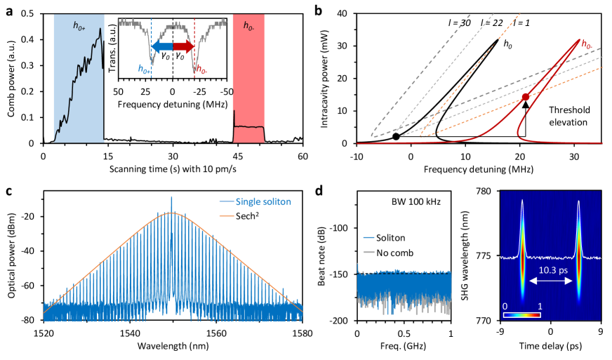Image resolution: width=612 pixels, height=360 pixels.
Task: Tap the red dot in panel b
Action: click(x=525, y=97)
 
